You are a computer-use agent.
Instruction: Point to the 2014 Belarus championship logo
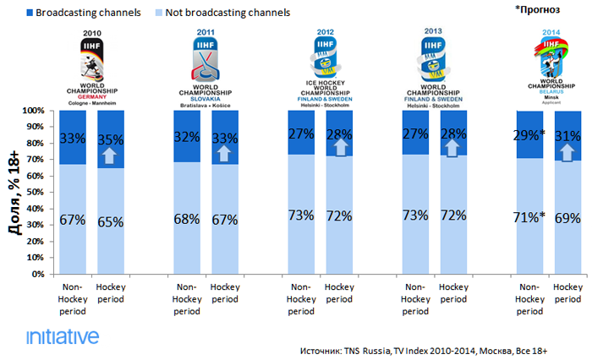pyautogui.click(x=551, y=68)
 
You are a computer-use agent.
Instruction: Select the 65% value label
pyautogui.click(x=110, y=221)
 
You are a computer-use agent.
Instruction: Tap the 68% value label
pyautogui.click(x=186, y=219)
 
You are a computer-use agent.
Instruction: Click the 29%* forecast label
pyautogui.click(x=531, y=135)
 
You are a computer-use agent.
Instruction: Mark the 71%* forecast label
pyautogui.click(x=531, y=217)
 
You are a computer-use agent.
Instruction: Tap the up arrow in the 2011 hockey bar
pyautogui.click(x=224, y=153)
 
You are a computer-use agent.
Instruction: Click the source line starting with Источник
pyautogui.click(x=436, y=349)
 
